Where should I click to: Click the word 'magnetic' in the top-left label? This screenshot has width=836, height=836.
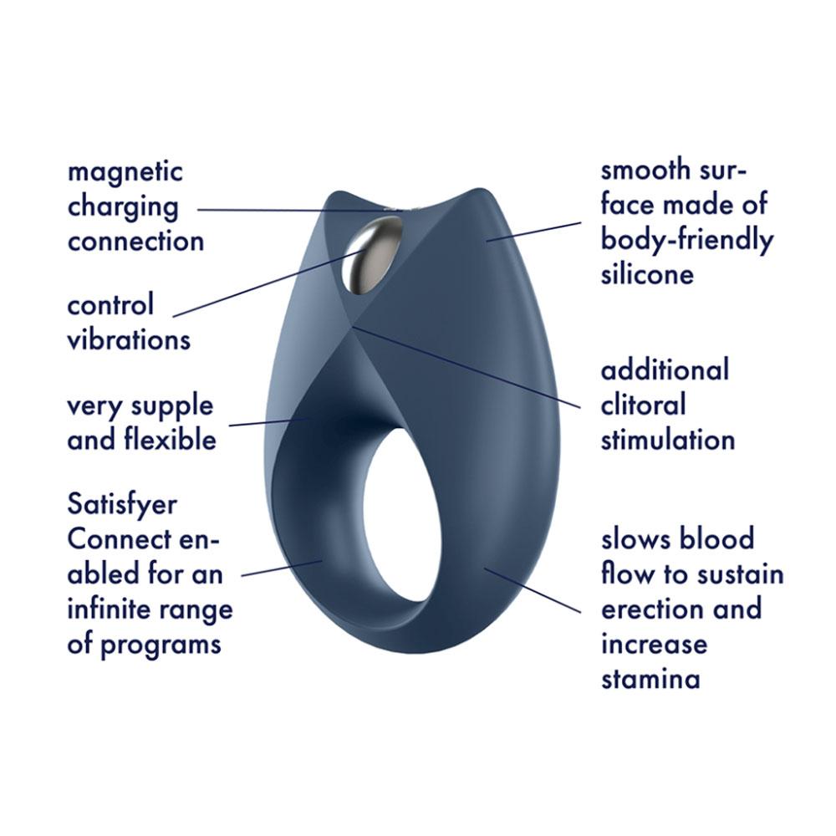click(125, 173)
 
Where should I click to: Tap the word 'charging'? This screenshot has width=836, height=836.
click(123, 208)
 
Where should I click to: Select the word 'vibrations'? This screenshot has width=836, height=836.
click(129, 340)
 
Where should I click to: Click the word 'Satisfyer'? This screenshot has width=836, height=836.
click(122, 506)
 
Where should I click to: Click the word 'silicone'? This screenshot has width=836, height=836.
click(647, 274)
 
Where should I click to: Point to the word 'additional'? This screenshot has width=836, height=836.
click(665, 370)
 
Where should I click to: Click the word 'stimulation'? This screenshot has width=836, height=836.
click(668, 440)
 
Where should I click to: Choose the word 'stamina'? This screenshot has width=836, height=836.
click(650, 678)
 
